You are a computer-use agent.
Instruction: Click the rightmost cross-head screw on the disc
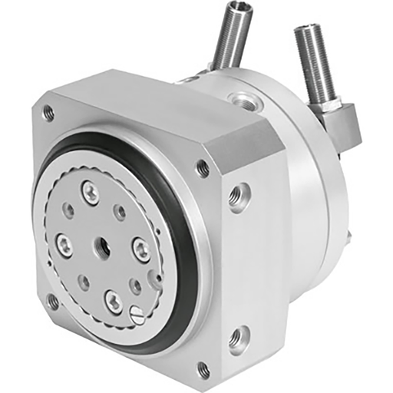(x=141, y=248)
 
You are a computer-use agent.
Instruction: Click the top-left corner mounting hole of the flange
(x=48, y=113)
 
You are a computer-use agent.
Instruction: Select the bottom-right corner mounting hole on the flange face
(x=203, y=369)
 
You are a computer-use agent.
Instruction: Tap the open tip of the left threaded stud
(x=232, y=10)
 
